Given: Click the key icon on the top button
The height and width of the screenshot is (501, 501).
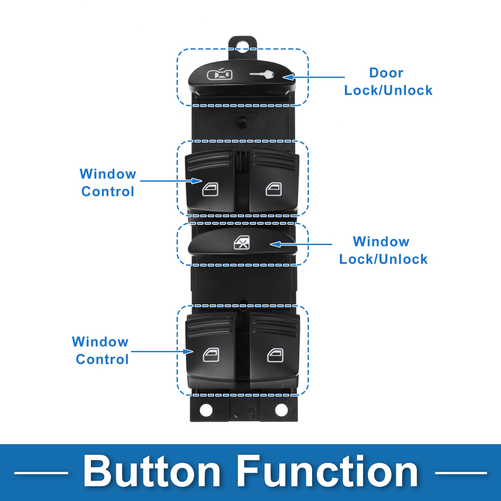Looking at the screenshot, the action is click(x=261, y=75).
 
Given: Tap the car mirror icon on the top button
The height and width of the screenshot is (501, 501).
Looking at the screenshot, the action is click(x=219, y=74).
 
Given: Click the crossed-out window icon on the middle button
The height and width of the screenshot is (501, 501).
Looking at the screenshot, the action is click(x=242, y=242).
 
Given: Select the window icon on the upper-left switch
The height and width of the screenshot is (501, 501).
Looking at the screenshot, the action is click(x=210, y=189).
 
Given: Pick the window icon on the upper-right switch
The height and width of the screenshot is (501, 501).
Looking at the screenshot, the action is click(x=274, y=189).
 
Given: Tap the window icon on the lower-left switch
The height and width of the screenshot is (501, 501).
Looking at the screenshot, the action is click(x=211, y=355).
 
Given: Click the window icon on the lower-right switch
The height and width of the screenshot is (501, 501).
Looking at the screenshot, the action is click(x=275, y=355).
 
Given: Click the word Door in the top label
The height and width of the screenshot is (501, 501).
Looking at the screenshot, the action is click(x=386, y=73).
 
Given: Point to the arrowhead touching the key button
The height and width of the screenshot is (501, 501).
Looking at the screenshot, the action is click(x=288, y=77).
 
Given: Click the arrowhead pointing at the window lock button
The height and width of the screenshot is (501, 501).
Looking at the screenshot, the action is click(x=276, y=244).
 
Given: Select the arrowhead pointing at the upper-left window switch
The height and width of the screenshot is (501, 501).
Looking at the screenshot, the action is click(x=196, y=181).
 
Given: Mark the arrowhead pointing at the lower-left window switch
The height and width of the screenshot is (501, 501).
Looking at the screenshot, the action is click(x=187, y=352).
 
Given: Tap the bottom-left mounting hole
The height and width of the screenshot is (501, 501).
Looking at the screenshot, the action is click(x=206, y=410).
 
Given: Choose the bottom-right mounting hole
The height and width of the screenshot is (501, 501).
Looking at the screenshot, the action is click(x=281, y=410).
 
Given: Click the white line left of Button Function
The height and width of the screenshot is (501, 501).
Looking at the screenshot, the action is click(x=41, y=473).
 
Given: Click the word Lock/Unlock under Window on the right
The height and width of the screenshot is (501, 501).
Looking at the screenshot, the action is click(x=383, y=259).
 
